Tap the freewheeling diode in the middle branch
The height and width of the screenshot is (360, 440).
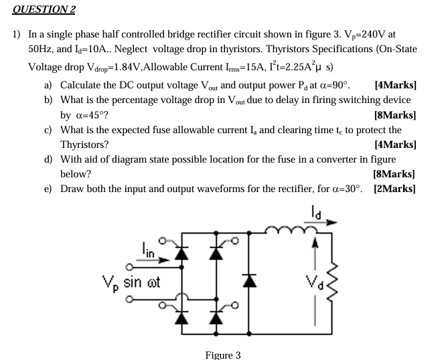[250, 280]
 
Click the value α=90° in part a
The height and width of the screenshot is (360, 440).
[329, 86]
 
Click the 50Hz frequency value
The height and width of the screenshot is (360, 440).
[42, 50]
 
